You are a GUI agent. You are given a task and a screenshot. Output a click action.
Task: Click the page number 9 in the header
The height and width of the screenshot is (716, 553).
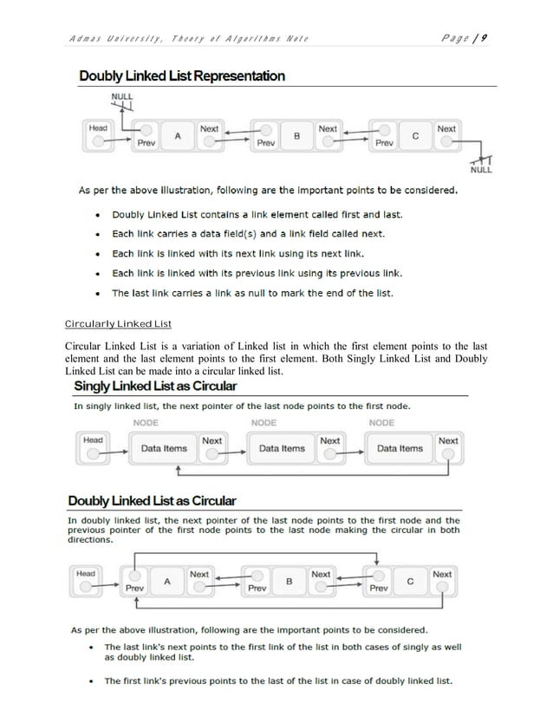tap(486, 37)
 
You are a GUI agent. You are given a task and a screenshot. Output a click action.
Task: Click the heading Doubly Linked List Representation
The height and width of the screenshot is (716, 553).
tap(181, 76)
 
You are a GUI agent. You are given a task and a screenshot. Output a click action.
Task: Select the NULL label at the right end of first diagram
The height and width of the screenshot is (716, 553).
tap(481, 170)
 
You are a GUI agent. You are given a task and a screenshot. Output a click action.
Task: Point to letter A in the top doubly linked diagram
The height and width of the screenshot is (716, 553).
tap(178, 136)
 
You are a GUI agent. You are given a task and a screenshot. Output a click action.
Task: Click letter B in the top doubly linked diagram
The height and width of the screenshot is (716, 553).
tap(296, 136)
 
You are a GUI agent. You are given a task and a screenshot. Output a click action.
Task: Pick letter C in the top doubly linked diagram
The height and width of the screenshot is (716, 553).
tap(415, 136)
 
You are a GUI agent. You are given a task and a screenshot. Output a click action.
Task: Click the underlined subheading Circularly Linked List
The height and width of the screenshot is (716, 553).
tap(119, 324)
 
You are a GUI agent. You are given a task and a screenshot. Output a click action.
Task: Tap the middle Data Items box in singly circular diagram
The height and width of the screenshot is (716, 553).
tap(282, 448)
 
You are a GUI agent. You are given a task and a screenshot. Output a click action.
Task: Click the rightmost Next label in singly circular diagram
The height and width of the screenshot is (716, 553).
tap(448, 440)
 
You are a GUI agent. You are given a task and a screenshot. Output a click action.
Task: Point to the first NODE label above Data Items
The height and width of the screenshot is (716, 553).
tap(145, 422)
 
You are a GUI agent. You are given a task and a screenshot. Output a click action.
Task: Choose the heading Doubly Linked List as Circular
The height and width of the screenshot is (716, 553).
tap(152, 501)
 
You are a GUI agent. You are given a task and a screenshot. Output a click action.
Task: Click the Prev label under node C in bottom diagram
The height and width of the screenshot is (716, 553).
tap(379, 589)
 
